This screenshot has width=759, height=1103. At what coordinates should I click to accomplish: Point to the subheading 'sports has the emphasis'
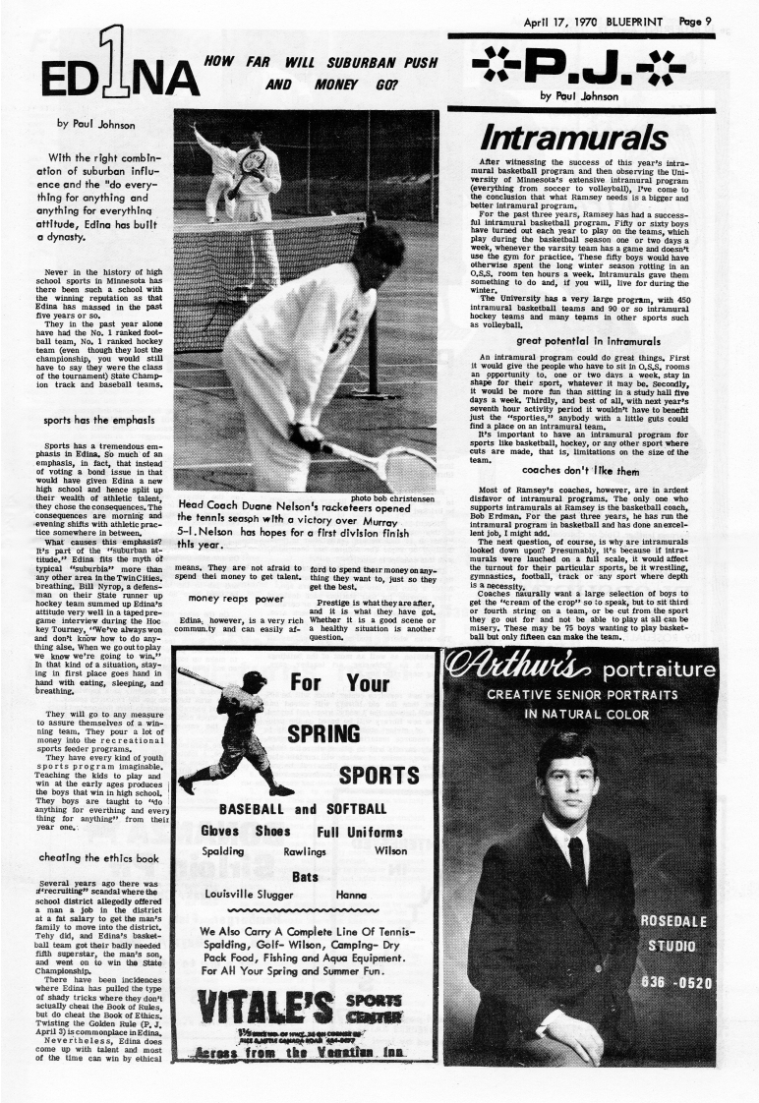click(96, 421)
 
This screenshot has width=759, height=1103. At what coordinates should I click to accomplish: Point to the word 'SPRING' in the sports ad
click(322, 733)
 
